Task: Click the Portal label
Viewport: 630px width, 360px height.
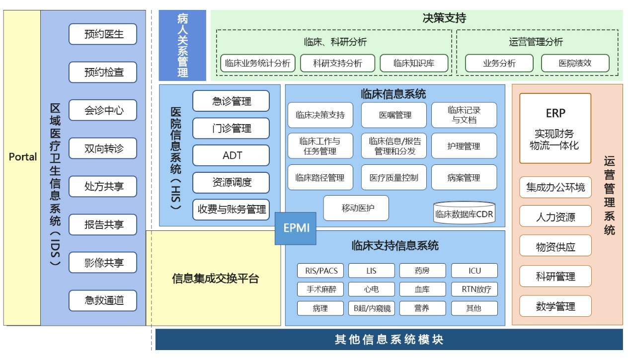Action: point(23,157)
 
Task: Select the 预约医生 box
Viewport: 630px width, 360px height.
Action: point(103,34)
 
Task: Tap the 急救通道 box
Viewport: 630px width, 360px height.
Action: point(103,300)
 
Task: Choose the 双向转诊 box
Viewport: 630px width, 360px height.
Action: point(103,148)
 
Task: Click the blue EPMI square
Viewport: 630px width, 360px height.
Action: point(296,228)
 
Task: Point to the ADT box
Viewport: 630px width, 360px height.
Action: point(231,155)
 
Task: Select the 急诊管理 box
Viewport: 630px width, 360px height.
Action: point(231,101)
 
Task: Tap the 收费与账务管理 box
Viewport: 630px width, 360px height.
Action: point(231,210)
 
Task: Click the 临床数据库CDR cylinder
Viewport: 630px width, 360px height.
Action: point(464,213)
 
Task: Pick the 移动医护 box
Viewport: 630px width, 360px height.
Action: point(356,208)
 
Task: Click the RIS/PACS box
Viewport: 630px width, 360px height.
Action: point(320,271)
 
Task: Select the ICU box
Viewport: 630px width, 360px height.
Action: point(474,271)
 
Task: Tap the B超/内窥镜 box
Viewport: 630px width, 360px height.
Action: point(372,308)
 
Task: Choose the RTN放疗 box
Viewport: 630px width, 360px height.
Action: point(474,289)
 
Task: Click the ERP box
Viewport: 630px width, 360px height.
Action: point(555,128)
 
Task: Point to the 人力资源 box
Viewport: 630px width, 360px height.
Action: point(555,216)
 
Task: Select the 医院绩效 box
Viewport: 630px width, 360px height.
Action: point(575,63)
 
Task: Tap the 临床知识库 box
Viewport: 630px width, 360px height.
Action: point(414,63)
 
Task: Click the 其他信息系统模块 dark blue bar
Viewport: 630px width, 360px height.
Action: point(389,340)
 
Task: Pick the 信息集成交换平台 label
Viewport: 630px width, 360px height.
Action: point(215,279)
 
